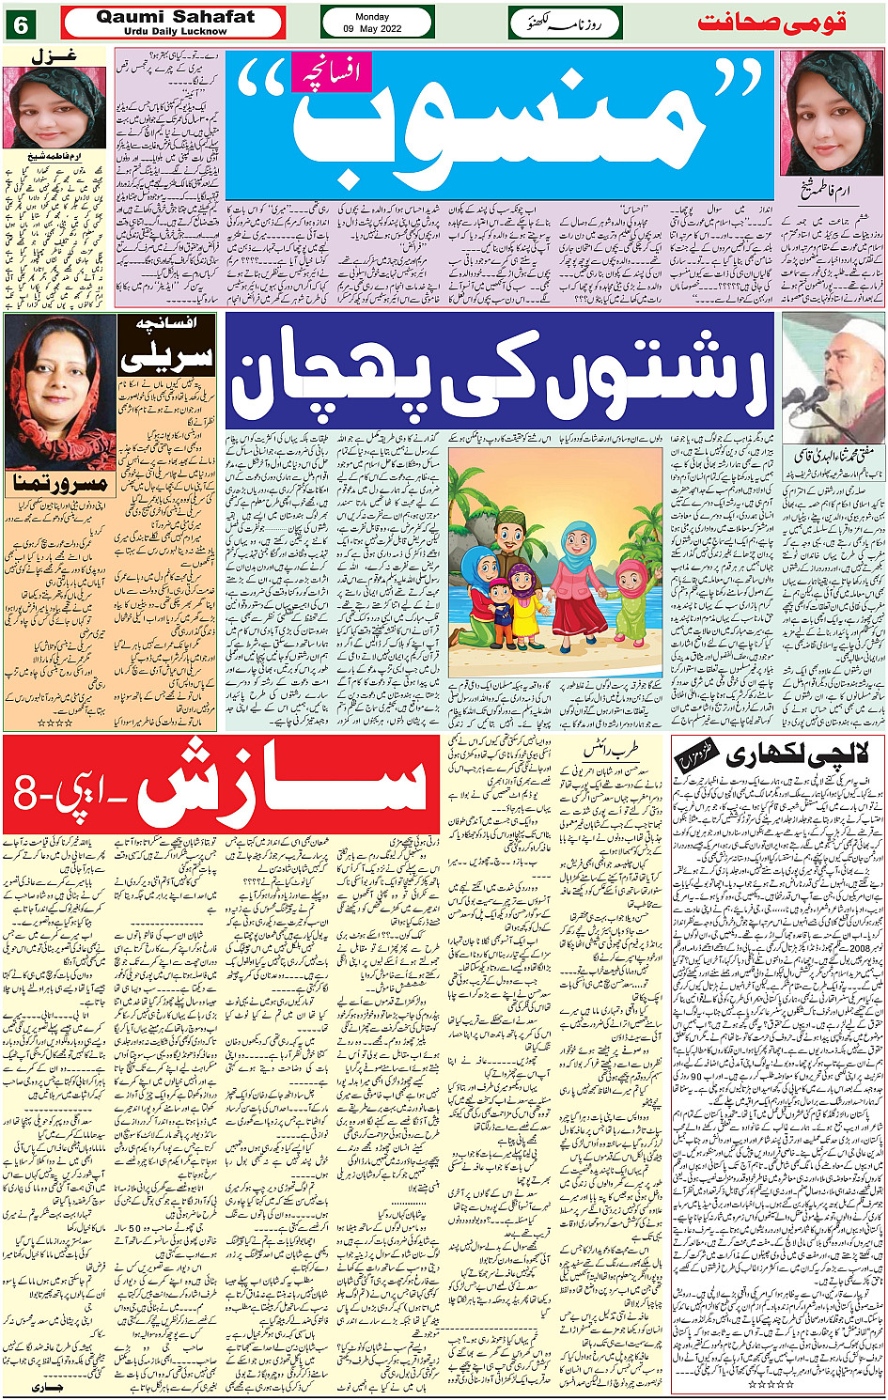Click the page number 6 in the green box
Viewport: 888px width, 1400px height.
coord(20,24)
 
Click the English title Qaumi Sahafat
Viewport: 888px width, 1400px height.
coord(176,17)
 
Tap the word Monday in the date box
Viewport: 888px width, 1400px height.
coord(373,16)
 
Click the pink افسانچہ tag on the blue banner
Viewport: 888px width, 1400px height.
coord(332,72)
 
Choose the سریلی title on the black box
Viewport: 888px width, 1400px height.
coord(167,356)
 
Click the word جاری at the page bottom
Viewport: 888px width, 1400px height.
coord(47,1387)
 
